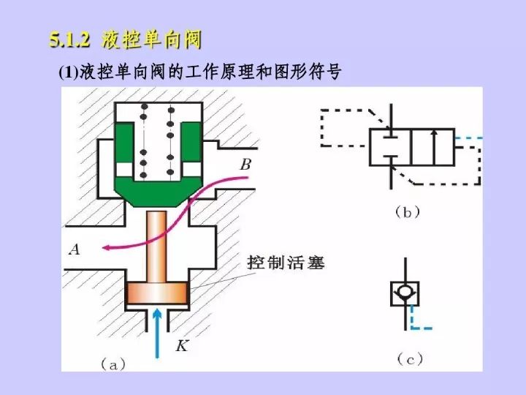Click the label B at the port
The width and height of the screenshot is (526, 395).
[x=245, y=166]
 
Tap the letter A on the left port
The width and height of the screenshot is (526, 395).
[x=75, y=250]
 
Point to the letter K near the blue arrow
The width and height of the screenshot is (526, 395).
[x=182, y=345]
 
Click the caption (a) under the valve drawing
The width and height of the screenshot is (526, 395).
[x=113, y=362]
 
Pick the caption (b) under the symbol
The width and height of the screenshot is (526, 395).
[x=407, y=212]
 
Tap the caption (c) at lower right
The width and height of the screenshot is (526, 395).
[x=410, y=358]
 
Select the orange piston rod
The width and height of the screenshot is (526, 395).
[x=158, y=245]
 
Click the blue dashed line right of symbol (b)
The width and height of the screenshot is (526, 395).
[x=468, y=138]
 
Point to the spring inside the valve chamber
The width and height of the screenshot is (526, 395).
[x=157, y=139]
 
